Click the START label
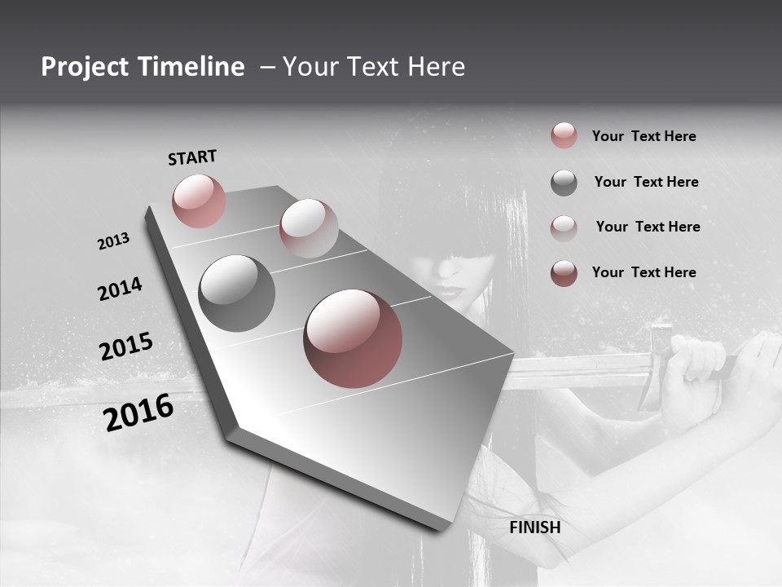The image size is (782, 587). [x=192, y=157]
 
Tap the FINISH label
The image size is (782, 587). [x=534, y=527]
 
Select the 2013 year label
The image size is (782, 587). [x=113, y=241]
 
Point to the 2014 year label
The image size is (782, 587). [x=120, y=289]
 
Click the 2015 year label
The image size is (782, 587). [x=125, y=346]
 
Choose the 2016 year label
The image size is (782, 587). [x=138, y=413]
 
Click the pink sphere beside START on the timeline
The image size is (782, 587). [x=199, y=201]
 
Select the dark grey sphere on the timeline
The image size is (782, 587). [x=236, y=293]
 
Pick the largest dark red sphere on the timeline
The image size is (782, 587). [x=353, y=338]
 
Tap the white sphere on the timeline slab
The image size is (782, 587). [x=309, y=228]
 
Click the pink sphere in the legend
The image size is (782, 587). [x=564, y=135]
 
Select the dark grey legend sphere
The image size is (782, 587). [x=564, y=183]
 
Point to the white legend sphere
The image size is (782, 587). [x=564, y=227]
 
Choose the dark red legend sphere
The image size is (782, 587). [x=564, y=272]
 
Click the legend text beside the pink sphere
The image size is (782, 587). [x=644, y=136]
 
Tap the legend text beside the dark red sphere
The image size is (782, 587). [x=644, y=272]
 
